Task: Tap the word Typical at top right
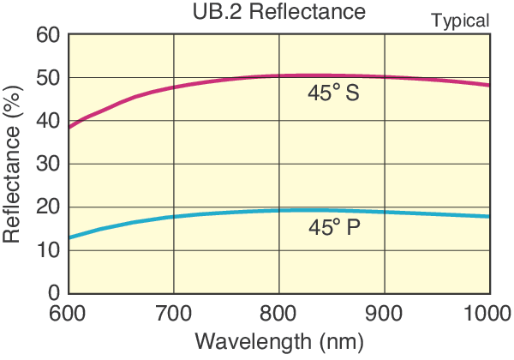460,21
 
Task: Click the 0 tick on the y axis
53,292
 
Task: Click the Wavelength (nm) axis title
279,341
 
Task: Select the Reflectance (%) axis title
14,164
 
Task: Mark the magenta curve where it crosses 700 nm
174,87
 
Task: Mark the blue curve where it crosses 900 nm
385,212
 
